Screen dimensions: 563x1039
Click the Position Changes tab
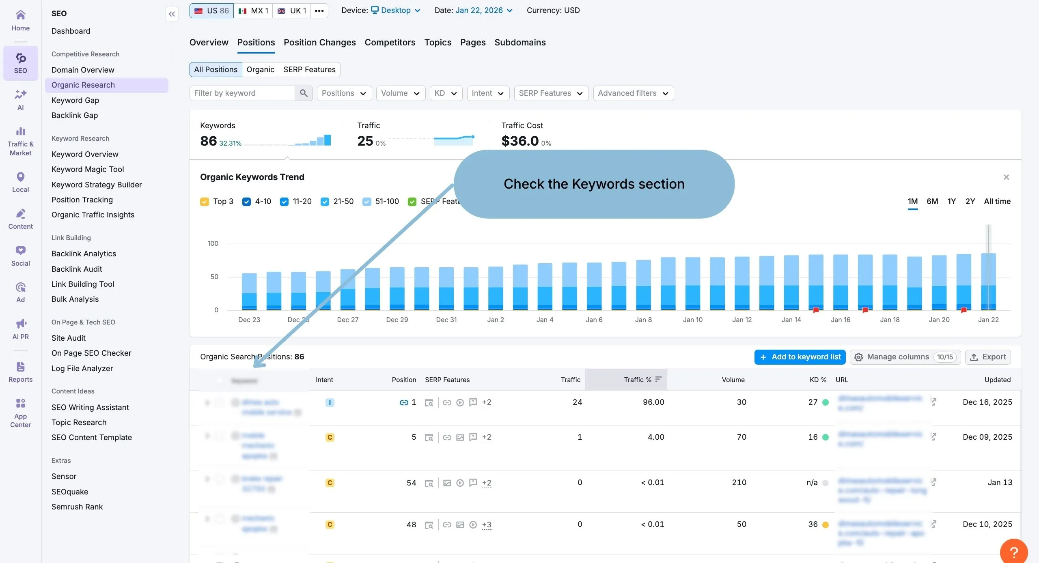coord(319,42)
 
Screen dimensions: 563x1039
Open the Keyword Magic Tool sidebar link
coord(87,169)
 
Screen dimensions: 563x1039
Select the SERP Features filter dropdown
coord(550,93)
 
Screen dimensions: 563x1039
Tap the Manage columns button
coord(905,357)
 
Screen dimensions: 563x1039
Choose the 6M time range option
coord(932,201)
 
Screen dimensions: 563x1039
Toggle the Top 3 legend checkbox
coord(205,202)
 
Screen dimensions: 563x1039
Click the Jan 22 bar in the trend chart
coord(988,282)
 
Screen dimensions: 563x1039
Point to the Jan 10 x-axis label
coord(692,320)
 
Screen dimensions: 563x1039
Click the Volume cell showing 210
coord(739,482)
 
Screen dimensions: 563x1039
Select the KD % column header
coord(817,380)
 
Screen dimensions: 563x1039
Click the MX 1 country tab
coord(253,11)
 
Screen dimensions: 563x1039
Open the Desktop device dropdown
coord(396,11)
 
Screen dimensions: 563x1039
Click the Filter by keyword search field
coord(242,93)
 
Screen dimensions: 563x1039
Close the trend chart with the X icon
coord(1006,177)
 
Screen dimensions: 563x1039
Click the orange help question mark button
coord(1013,552)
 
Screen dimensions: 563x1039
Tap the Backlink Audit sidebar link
coord(77,269)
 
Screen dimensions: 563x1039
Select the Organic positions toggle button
coord(260,69)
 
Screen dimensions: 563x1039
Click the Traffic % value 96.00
coord(653,402)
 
